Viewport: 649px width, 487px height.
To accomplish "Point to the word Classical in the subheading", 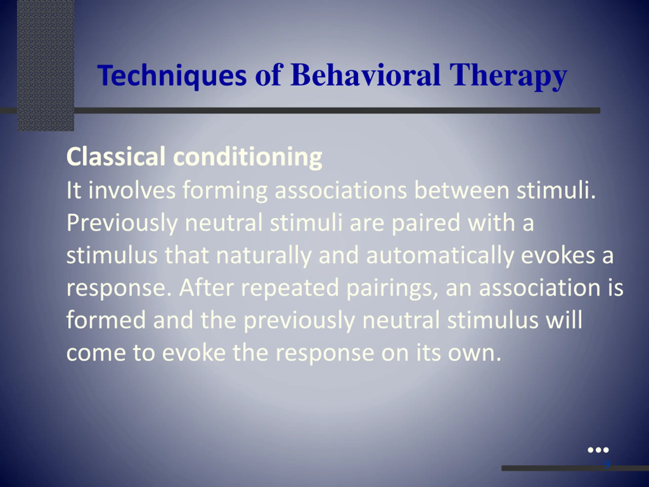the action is pos(116,156).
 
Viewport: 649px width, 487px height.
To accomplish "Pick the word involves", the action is pos(132,190).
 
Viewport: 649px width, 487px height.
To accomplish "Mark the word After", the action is pos(207,288).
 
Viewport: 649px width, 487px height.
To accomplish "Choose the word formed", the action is pos(106,320).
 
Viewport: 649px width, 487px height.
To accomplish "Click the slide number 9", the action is pos(606,464).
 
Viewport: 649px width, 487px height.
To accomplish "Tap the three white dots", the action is pos(598,450).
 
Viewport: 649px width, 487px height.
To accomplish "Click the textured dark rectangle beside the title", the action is pos(46,65).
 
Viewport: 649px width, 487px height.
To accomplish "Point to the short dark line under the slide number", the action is pos(575,468).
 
